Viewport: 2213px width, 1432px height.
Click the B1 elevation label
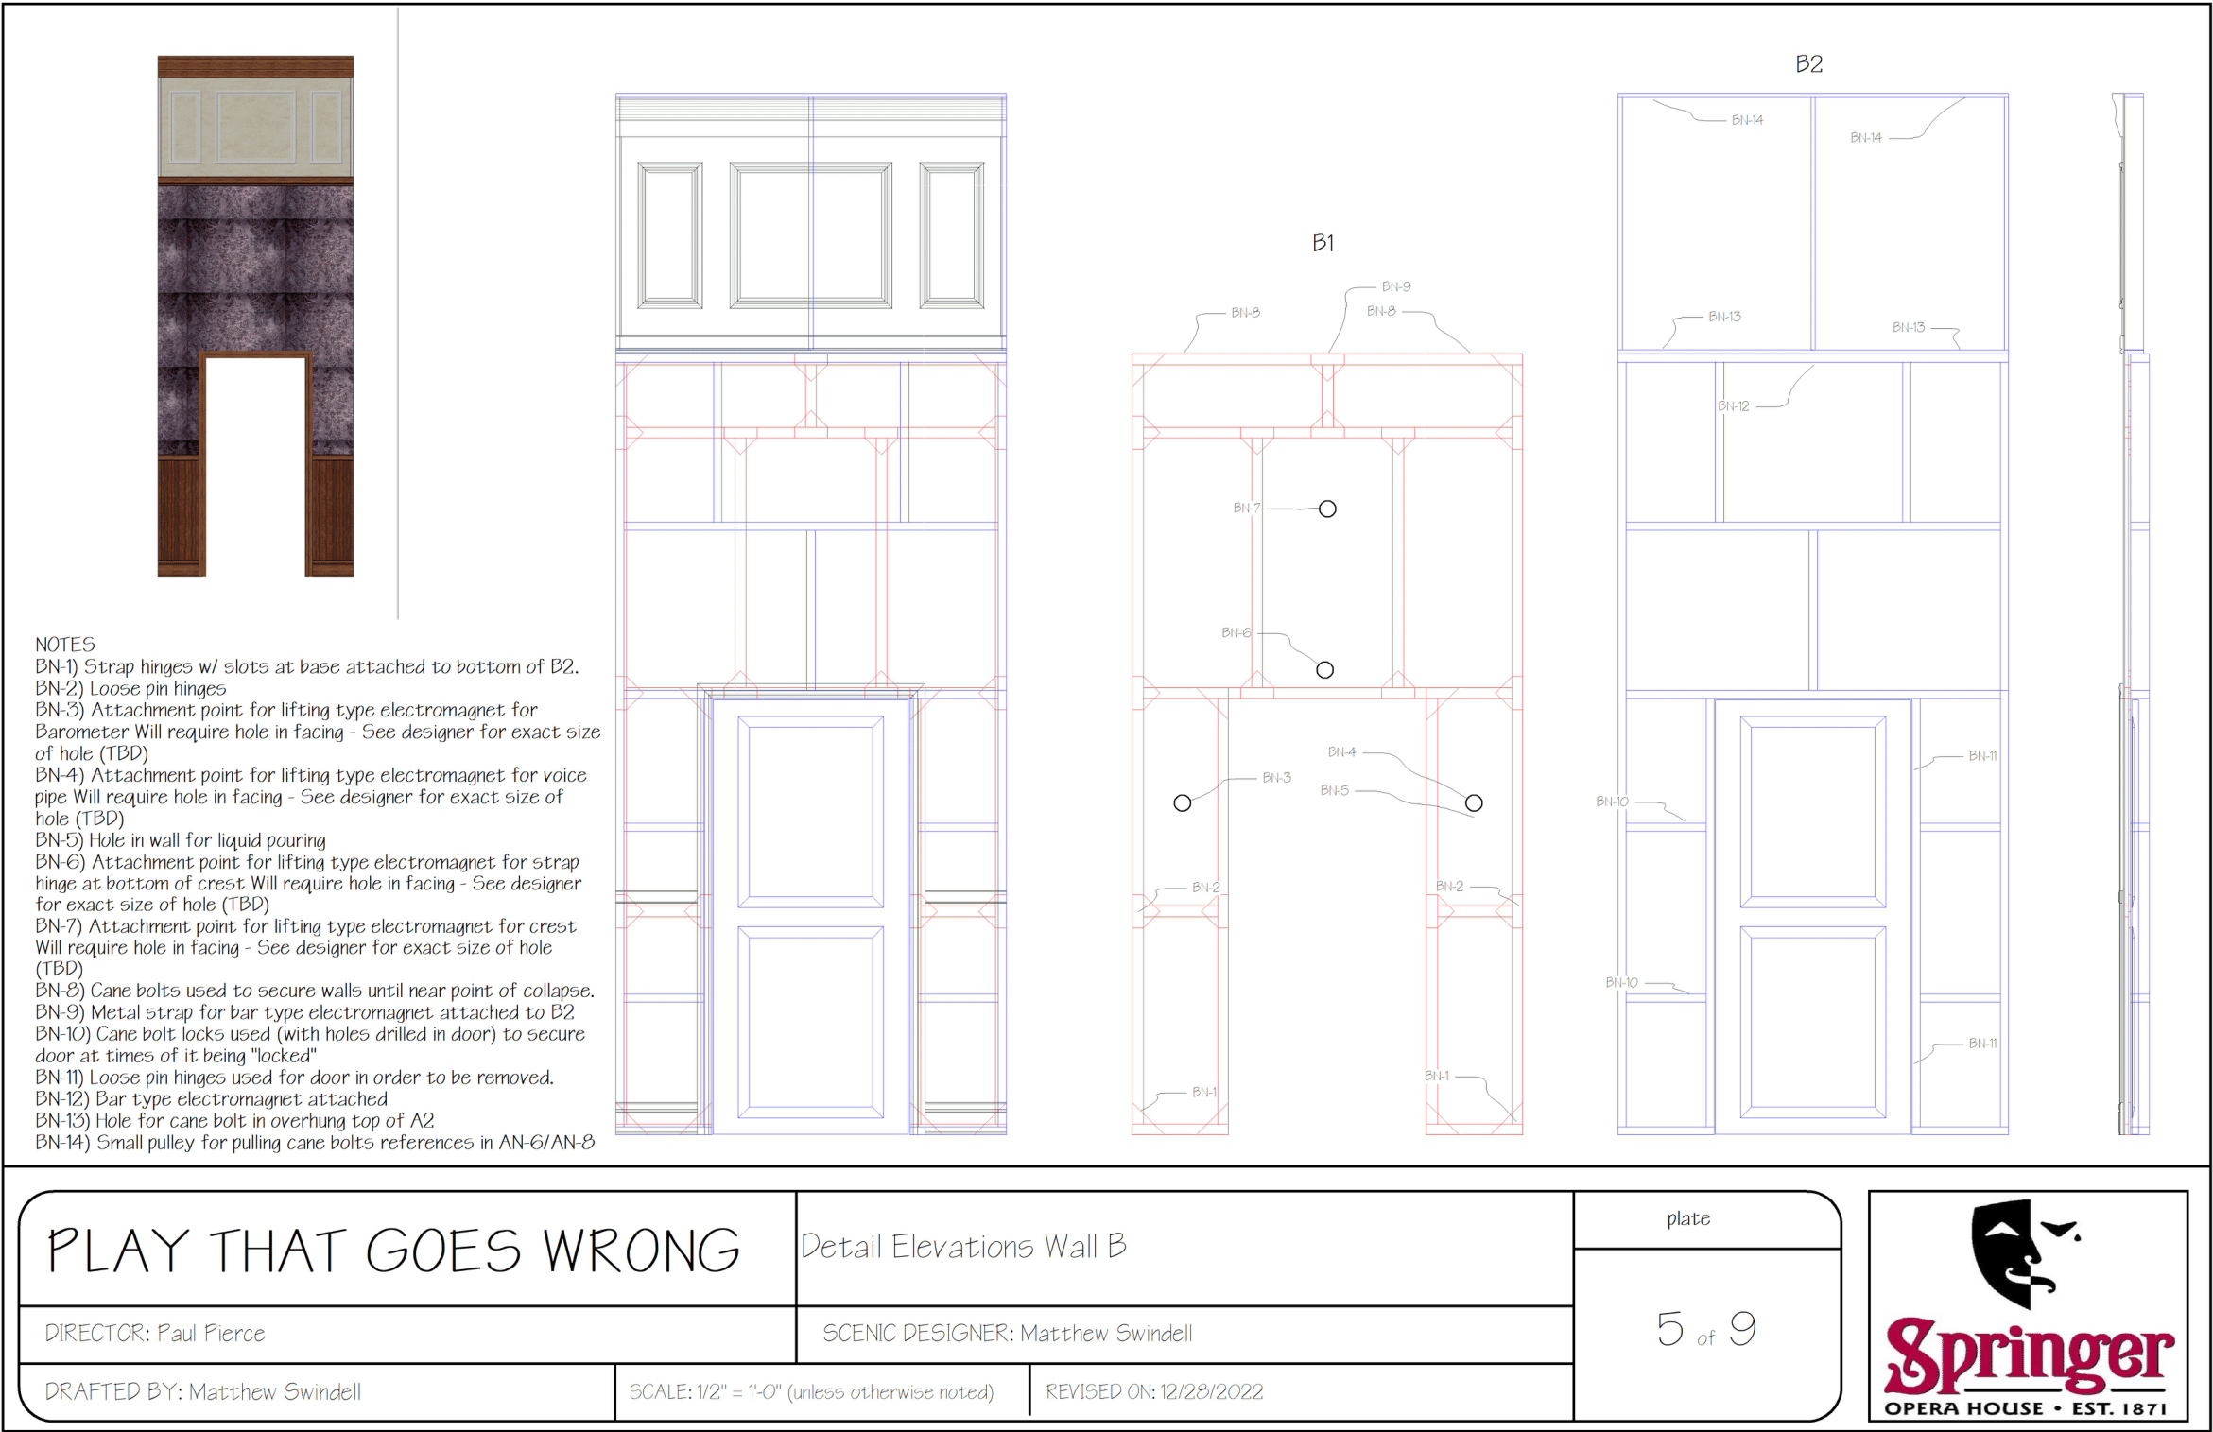point(1323,244)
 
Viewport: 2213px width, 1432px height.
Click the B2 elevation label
point(1808,64)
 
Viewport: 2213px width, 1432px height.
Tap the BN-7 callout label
point(1247,509)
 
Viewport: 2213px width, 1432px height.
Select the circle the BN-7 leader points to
point(1327,509)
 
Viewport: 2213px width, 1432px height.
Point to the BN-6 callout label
point(1236,632)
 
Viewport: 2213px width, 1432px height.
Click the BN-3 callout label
point(1277,778)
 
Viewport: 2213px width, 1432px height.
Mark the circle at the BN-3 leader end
point(1182,803)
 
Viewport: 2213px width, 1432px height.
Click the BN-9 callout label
point(1396,286)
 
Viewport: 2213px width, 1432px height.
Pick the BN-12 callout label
point(1734,406)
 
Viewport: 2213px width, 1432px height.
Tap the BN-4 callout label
point(1342,752)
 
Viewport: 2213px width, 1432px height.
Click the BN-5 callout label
point(1335,791)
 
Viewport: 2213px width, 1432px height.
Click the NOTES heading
point(65,645)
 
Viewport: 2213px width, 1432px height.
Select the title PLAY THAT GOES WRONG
point(393,1251)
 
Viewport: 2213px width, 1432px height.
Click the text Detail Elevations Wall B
point(963,1247)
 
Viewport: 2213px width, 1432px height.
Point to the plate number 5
point(1670,1329)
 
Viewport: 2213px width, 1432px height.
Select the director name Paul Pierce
point(211,1333)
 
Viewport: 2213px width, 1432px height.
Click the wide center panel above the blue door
point(811,235)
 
